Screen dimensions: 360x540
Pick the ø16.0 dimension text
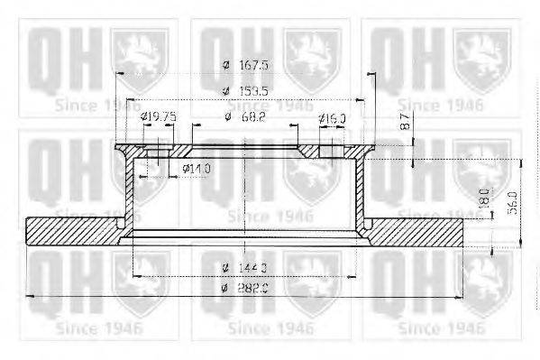coord(332,118)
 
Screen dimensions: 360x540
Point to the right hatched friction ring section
coord(424,232)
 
